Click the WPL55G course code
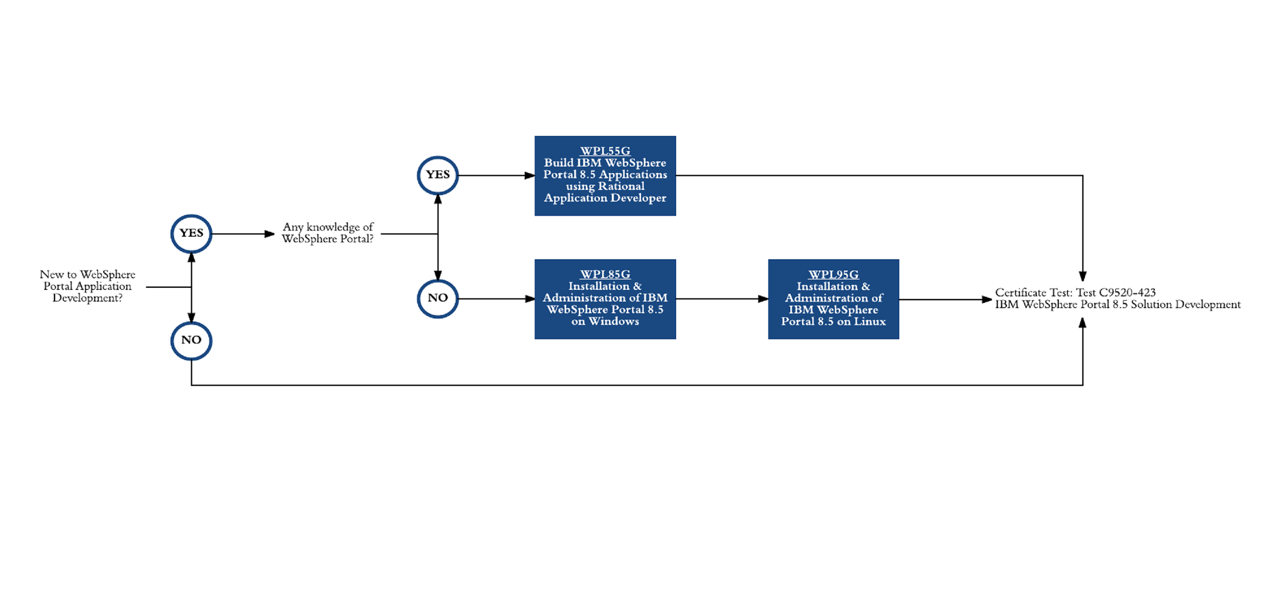coord(605,151)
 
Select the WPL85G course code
coord(605,274)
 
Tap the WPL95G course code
coord(833,274)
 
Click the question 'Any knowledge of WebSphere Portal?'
coord(328,233)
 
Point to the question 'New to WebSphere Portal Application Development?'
coord(88,286)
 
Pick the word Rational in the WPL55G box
coord(621,186)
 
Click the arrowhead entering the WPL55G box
coord(530,175)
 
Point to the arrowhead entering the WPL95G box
coord(763,299)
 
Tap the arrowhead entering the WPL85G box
coord(530,299)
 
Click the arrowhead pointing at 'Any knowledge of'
coord(270,234)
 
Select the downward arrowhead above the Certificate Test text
coord(1083,276)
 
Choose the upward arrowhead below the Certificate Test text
coord(1083,323)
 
